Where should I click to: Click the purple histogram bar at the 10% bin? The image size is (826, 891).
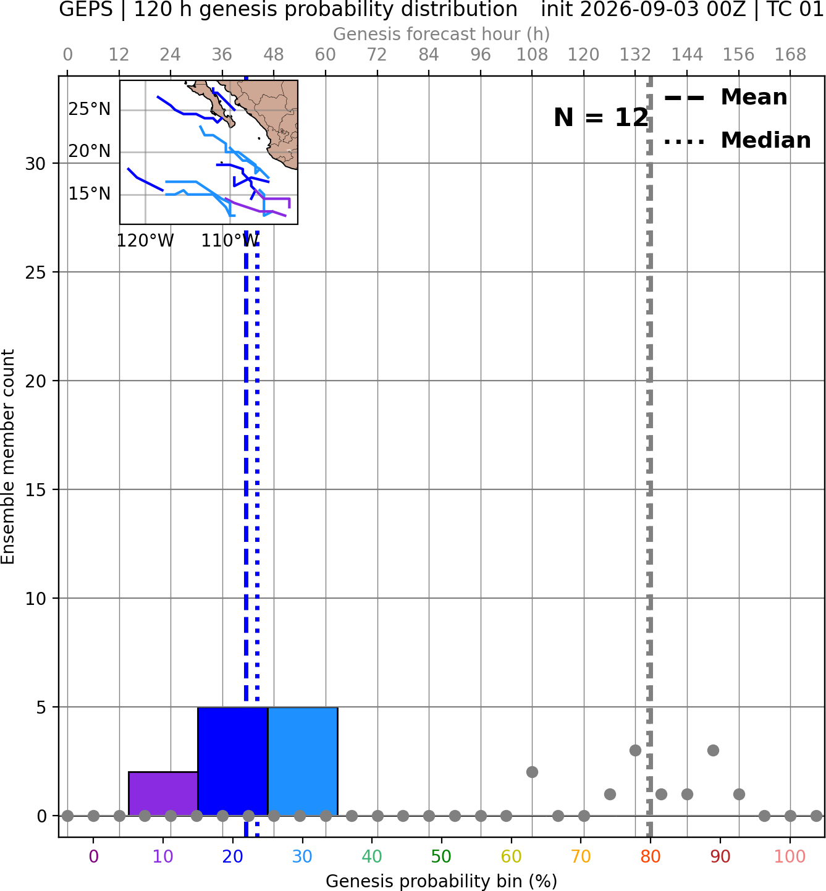tap(163, 793)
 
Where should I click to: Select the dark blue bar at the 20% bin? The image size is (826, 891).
tap(233, 761)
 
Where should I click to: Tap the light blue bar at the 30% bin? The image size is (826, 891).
tap(302, 761)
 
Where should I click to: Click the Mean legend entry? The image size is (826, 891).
tap(725, 98)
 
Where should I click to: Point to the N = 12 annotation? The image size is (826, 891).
tap(601, 117)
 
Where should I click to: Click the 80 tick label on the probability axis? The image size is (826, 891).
tap(650, 856)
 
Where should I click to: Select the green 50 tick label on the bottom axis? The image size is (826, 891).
tap(441, 856)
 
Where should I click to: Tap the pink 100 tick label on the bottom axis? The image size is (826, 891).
tap(790, 856)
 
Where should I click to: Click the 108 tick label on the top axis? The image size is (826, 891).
tap(532, 55)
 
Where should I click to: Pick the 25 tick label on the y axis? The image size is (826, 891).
tap(35, 272)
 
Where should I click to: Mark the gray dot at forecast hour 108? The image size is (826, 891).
tap(532, 772)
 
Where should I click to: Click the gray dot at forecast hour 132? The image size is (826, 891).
tap(635, 750)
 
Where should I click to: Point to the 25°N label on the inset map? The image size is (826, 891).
tap(90, 109)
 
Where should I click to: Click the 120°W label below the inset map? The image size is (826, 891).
tap(145, 241)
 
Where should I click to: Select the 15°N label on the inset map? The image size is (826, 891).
tap(90, 194)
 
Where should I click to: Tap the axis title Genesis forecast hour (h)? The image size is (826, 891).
tap(441, 34)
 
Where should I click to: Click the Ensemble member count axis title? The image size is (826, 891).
tap(7, 457)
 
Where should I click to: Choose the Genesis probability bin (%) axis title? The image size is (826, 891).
tap(441, 881)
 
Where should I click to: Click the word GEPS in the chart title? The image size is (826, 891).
tap(86, 9)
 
